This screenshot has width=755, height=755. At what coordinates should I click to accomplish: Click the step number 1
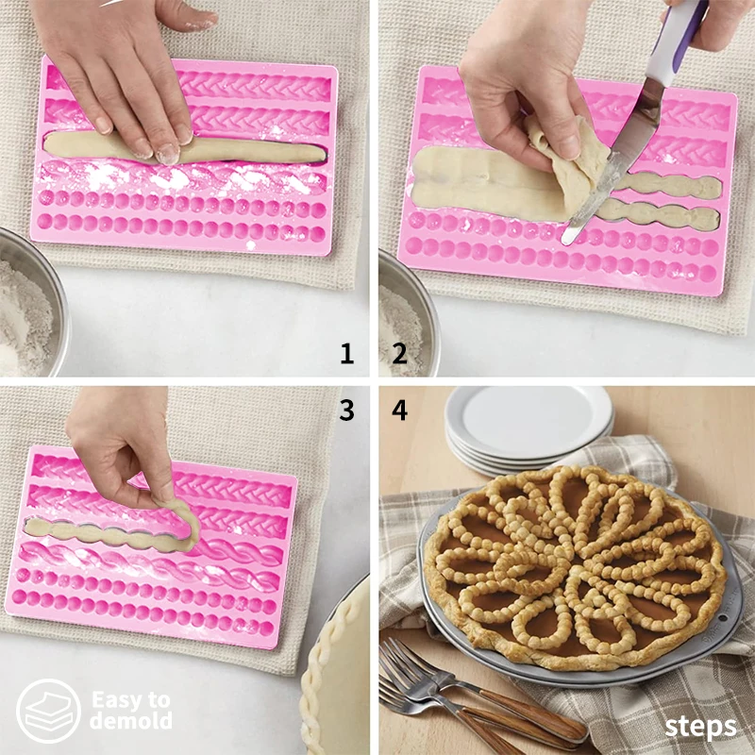point(347,354)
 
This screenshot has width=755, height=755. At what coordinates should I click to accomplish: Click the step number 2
point(399,354)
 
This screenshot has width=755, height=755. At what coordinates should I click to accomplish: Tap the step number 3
point(347,410)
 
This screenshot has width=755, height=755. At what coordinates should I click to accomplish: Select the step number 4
point(399,410)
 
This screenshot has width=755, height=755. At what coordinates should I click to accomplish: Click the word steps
point(700,727)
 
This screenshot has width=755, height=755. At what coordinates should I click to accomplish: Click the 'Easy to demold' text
point(131,710)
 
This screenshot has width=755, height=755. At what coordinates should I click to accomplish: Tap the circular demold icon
point(48,710)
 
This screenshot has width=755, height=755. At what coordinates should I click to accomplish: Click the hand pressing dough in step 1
point(123,66)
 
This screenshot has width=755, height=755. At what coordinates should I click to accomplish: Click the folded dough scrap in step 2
point(566,156)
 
